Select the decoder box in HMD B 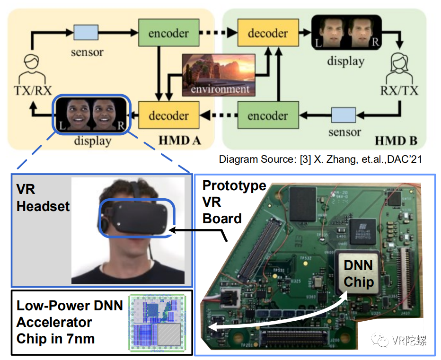tap(268, 33)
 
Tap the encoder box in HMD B tap(268, 115)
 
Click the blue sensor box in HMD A tap(86, 32)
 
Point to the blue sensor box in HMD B tap(343, 115)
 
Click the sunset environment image tap(219, 74)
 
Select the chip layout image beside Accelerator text tap(156, 323)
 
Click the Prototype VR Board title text tap(233, 202)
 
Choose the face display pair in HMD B tap(346, 32)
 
